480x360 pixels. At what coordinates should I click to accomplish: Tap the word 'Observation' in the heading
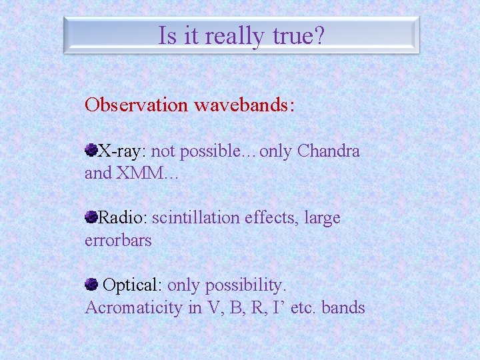tap(137, 105)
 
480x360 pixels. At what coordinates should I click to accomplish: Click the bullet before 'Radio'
tap(91, 217)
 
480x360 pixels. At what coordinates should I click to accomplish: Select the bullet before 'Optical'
tap(91, 285)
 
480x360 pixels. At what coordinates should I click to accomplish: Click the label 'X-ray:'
tap(123, 151)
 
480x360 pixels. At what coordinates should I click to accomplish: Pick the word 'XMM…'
tap(147, 174)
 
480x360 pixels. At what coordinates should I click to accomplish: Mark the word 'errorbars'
tap(118, 241)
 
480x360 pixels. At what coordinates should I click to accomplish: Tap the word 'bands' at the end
tap(343, 308)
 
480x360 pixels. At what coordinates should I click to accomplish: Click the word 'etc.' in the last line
tap(303, 308)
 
